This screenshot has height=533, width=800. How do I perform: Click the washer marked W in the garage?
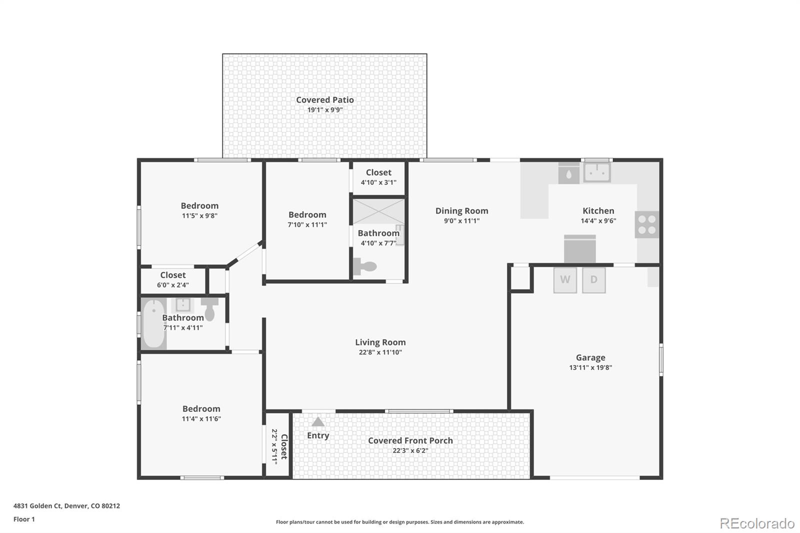point(565,280)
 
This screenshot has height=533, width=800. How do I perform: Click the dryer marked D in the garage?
point(594,280)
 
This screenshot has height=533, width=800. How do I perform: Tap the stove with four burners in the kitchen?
point(647,224)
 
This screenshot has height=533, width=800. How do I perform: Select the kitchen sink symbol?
point(597,172)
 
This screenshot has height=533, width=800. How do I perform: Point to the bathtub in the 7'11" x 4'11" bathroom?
point(153,323)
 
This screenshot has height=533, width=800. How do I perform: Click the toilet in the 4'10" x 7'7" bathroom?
point(364,266)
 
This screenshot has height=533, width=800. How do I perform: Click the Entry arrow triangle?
point(318,422)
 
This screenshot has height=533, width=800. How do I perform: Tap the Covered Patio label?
point(325,100)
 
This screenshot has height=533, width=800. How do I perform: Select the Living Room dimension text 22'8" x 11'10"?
point(380,352)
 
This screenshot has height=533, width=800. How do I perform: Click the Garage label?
point(590,357)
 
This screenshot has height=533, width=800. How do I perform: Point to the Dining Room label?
point(461,211)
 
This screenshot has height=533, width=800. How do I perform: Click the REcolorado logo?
point(757,523)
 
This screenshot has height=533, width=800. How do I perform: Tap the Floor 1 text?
point(24,519)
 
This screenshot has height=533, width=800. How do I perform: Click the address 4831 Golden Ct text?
point(66,505)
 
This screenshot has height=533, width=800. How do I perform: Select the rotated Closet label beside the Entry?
point(283,446)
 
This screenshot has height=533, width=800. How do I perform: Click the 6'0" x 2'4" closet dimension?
point(173,285)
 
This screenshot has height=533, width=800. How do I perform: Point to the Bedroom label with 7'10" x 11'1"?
point(307,214)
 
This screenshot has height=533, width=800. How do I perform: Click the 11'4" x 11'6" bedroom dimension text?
point(201,419)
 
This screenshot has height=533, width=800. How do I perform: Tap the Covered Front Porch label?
point(410,440)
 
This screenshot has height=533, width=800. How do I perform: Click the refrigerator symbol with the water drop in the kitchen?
point(569,174)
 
